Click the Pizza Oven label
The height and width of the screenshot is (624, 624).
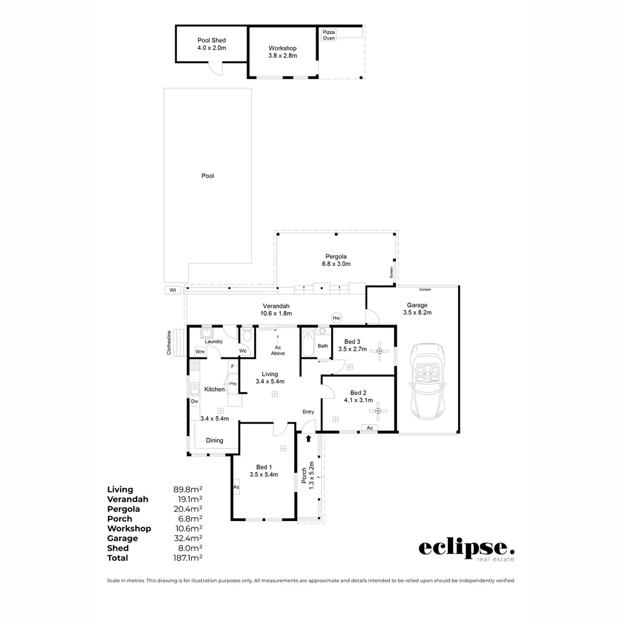[x=329, y=35]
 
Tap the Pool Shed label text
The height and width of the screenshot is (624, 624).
[x=211, y=44]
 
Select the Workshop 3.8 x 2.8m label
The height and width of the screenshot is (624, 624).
[x=283, y=52]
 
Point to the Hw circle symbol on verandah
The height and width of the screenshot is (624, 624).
[x=336, y=318]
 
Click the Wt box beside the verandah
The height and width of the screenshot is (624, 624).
[x=172, y=290]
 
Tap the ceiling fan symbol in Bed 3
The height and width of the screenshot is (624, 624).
[x=379, y=351]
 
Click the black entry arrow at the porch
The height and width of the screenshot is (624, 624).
[x=309, y=439]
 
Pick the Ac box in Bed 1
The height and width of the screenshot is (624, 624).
[x=236, y=487]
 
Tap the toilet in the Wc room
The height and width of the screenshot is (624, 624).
[x=247, y=336]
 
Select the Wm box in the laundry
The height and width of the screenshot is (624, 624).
[x=200, y=351]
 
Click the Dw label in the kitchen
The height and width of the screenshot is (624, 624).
[x=195, y=401]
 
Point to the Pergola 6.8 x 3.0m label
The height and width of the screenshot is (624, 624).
[x=336, y=259]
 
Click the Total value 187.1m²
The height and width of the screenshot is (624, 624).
[x=188, y=558]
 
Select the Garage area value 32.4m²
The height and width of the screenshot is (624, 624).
[x=188, y=538]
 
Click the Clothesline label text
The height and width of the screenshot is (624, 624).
[x=169, y=343]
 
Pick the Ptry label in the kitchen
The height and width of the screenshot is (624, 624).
[x=233, y=384]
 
